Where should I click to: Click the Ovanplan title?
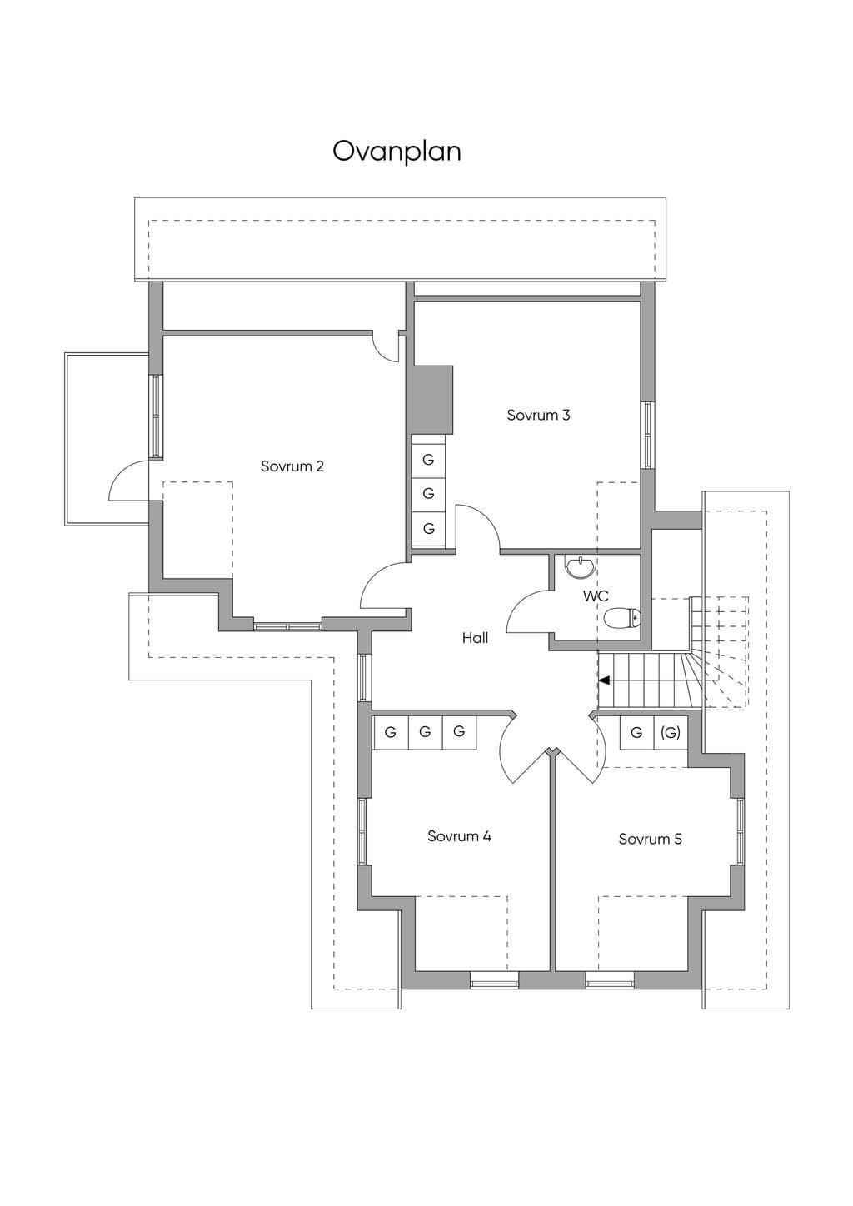coord(397,152)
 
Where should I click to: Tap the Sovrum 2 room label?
coord(292,466)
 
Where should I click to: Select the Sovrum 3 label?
coord(538,415)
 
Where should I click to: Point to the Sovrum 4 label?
coord(459,836)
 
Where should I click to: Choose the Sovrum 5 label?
coord(651,839)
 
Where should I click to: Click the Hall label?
coord(475,638)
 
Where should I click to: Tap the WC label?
coord(596,596)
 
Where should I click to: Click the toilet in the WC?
coord(622,618)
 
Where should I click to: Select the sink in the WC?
coord(580,567)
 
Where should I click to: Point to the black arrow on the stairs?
coord(605,680)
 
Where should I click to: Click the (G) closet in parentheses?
coord(671,732)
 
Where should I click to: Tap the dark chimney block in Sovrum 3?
coord(432,400)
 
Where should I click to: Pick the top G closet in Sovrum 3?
coord(429,460)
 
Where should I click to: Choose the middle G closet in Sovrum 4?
coord(425,732)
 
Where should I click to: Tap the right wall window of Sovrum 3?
coord(648,435)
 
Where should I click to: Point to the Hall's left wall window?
coord(365,677)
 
